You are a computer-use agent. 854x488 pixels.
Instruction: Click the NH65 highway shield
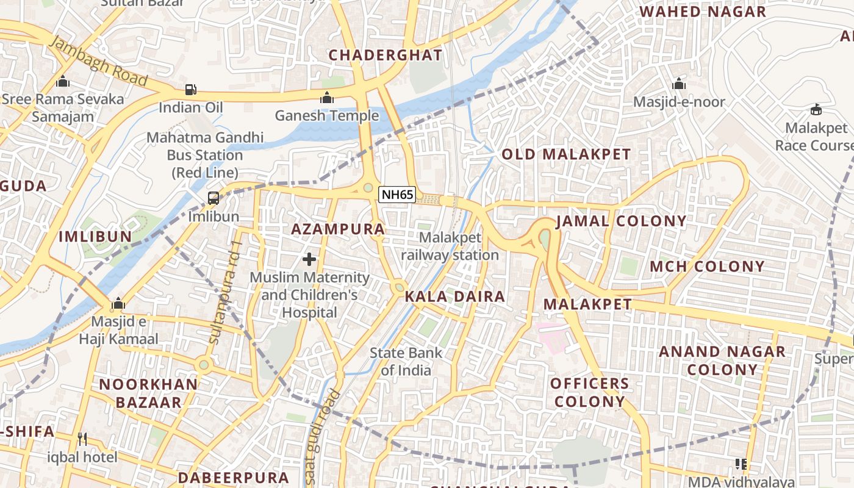[397, 195]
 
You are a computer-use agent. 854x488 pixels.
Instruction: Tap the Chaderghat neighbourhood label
[386, 55]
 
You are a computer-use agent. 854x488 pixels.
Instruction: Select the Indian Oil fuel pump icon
[191, 90]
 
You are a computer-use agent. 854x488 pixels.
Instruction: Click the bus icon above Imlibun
[213, 198]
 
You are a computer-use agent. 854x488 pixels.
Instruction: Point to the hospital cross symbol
[309, 259]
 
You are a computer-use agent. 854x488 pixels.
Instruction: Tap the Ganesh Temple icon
[327, 98]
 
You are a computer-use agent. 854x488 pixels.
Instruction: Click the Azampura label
[338, 229]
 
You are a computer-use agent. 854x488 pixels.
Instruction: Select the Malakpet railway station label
[450, 246]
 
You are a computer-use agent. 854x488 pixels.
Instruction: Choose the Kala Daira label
[455, 297]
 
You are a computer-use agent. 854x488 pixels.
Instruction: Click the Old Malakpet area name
[566, 154]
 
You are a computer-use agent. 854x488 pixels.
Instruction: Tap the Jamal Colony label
[621, 221]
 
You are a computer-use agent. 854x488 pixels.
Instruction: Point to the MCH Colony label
[707, 267]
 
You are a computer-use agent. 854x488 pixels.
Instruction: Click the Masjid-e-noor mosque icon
[679, 84]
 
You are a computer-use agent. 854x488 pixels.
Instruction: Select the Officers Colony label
[589, 392]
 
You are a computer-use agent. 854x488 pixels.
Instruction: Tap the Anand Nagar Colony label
[722, 360]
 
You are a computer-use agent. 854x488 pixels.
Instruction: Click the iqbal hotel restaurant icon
[82, 439]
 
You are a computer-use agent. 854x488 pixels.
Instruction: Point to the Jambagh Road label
[98, 61]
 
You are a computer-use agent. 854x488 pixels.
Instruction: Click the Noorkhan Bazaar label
[148, 393]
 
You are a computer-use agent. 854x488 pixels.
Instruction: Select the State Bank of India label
[406, 361]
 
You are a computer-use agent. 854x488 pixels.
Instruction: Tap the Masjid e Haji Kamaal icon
[118, 304]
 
